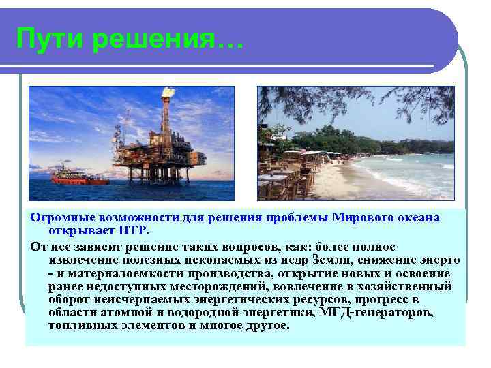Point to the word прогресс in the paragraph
click(x=375, y=301)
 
